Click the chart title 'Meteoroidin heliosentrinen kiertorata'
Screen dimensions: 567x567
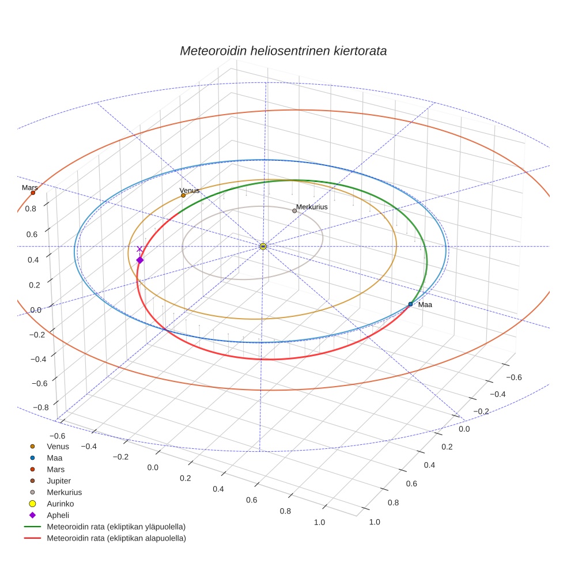[283, 51]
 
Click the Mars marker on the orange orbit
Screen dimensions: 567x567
[33, 192]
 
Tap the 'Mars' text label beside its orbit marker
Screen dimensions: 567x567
[30, 188]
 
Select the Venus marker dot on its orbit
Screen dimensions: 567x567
[183, 195]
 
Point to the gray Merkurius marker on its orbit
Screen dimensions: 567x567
[294, 211]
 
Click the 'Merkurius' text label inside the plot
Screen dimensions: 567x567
[312, 206]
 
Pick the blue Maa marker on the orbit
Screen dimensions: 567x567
[410, 304]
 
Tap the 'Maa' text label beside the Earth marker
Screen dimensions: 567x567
[425, 305]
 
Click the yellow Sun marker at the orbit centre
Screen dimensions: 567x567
[263, 247]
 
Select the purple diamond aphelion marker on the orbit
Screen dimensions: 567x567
[139, 260]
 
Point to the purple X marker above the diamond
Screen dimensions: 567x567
[139, 249]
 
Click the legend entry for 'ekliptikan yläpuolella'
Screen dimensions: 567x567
[116, 527]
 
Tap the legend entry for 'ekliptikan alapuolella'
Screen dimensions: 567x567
[116, 538]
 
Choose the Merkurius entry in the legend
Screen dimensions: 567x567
[64, 492]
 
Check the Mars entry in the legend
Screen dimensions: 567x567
[55, 469]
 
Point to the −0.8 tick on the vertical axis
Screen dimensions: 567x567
[40, 407]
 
